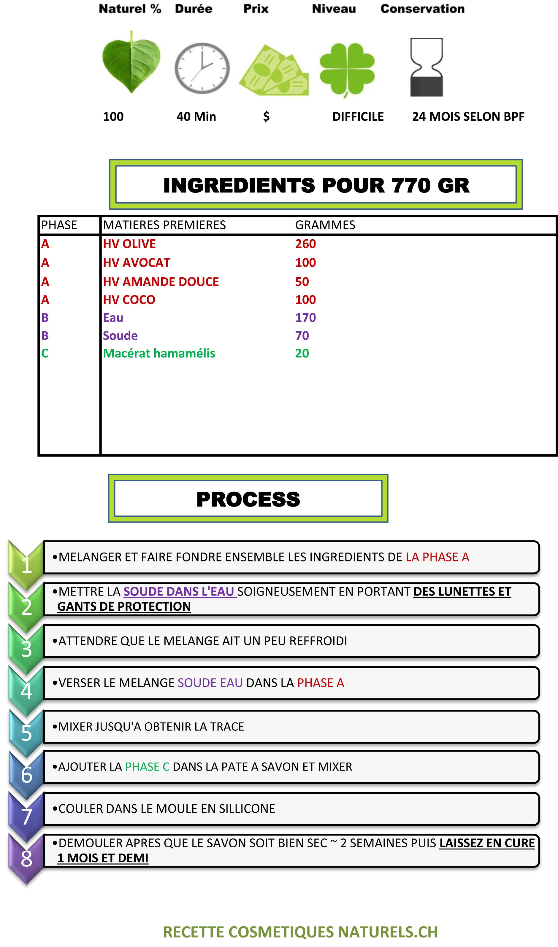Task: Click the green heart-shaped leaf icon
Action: pos(131,62)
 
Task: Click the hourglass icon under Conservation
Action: pos(427,67)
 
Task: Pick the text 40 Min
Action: pos(196,117)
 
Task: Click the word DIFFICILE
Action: pos(358,117)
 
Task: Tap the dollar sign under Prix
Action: pos(266,117)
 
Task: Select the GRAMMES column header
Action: pos(325,225)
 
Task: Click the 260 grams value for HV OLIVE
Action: pos(305,244)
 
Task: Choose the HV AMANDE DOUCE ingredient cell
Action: pos(161,282)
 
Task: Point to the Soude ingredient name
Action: pos(120,335)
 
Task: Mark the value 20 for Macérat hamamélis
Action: pos(302,353)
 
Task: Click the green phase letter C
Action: pos(45,353)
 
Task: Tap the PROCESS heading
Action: pos(248,499)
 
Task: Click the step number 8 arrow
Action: pos(26,858)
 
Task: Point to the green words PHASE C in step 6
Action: pos(148,767)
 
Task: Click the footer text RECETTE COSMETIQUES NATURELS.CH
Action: pos(300,932)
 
